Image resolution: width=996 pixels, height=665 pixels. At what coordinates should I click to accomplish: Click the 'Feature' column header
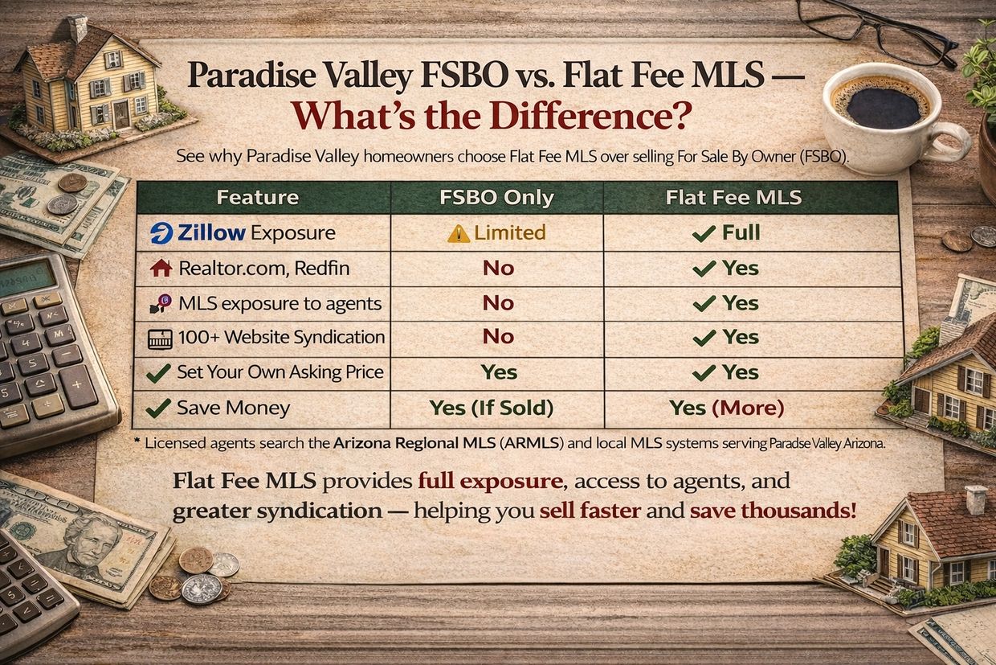(x=257, y=197)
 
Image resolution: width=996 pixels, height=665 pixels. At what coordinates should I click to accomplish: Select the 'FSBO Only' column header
(x=496, y=197)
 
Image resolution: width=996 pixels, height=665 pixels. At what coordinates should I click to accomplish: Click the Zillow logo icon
(x=161, y=233)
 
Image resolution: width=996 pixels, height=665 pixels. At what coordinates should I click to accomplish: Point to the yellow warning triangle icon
(x=459, y=233)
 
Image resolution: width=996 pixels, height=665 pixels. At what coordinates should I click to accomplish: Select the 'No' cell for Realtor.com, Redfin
(x=498, y=268)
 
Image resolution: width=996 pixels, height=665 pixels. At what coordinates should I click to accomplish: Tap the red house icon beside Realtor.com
(x=161, y=268)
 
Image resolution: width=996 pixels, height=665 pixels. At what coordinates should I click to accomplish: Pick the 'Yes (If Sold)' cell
(x=492, y=408)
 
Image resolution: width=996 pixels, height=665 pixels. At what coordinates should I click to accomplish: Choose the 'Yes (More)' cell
(x=726, y=408)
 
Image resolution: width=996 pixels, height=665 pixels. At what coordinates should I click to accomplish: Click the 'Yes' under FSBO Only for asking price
(x=498, y=372)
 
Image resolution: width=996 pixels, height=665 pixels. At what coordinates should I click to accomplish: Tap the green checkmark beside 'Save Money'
(x=158, y=408)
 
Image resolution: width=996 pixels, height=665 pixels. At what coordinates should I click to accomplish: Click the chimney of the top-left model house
(x=77, y=28)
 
